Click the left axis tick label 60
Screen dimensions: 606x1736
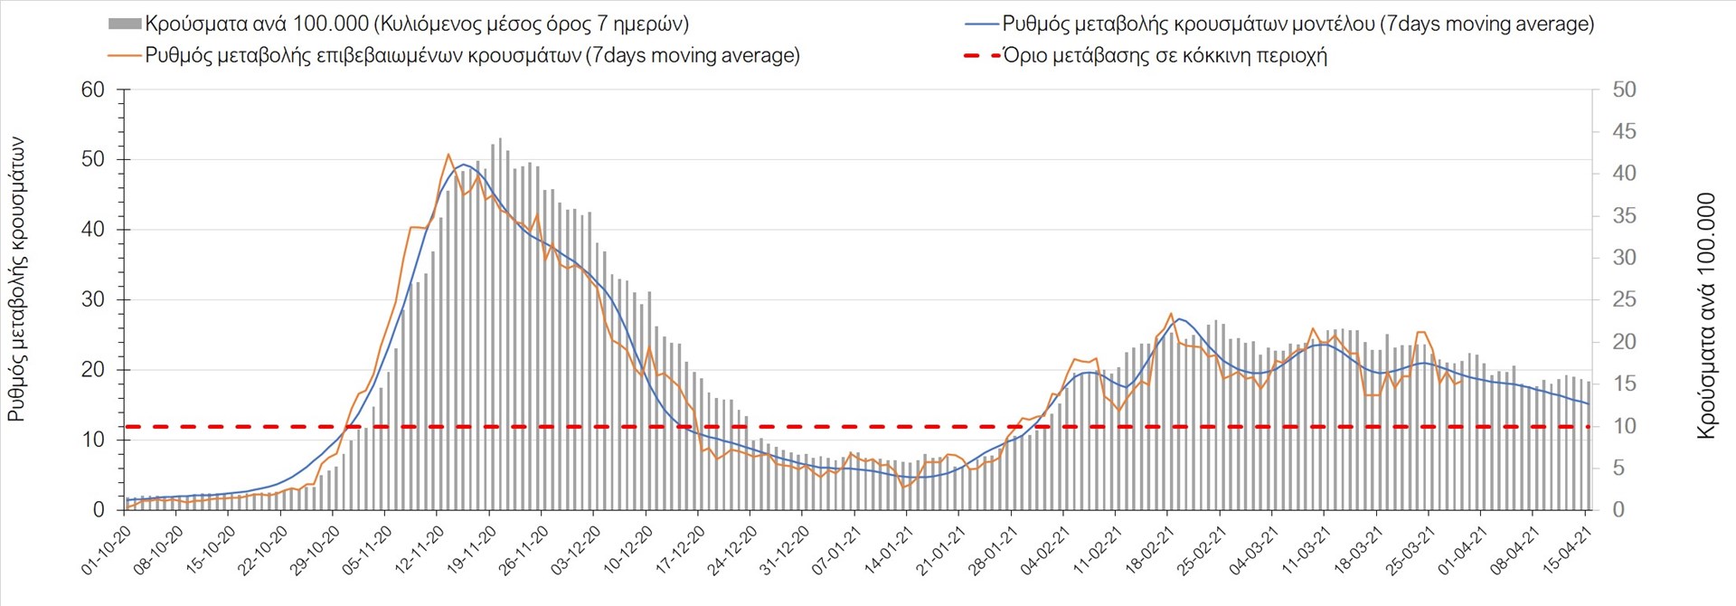click(93, 90)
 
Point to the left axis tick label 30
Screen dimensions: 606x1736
click(93, 299)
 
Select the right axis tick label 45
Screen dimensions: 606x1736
click(1624, 132)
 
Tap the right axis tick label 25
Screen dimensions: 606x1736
click(1624, 299)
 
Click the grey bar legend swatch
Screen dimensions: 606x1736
click(125, 24)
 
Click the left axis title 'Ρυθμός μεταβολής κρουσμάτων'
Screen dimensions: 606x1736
click(17, 279)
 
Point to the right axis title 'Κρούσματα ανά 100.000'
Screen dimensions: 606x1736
click(1706, 316)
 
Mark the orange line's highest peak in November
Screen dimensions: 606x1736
click(448, 155)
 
